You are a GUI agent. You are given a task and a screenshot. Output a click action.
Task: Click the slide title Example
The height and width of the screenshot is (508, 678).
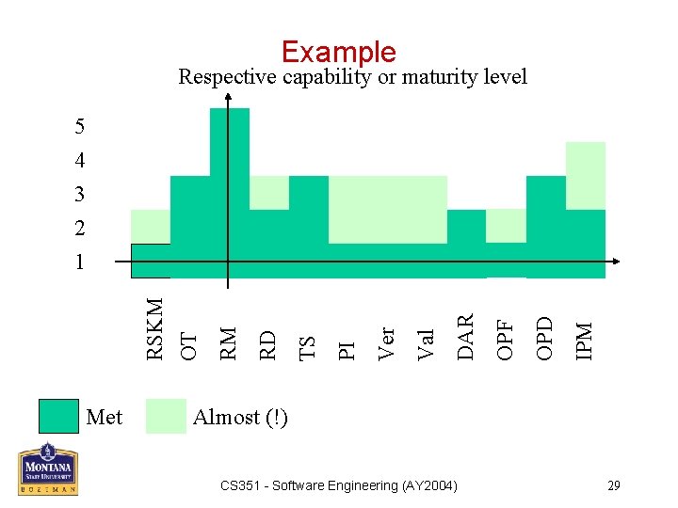[x=338, y=52]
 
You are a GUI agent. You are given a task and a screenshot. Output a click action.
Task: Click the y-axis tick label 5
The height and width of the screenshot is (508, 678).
[x=80, y=126]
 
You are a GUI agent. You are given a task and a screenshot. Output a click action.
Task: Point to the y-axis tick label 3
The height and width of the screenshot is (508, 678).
[x=80, y=195]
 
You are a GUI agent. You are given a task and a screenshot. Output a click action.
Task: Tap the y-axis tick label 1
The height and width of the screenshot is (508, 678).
[x=80, y=262]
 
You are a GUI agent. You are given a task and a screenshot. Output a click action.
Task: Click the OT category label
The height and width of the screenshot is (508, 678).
[x=189, y=343]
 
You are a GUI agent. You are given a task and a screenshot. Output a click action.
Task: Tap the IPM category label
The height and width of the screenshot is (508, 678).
[x=585, y=340]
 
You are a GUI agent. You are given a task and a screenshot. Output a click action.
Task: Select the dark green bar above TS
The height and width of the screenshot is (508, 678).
[x=309, y=226]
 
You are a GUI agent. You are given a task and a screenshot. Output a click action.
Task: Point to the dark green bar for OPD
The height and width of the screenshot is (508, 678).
[x=545, y=226]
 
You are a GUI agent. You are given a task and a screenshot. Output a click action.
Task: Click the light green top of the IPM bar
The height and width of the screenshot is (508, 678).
[x=585, y=176]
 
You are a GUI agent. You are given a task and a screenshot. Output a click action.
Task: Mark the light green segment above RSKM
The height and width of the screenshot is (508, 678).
[x=151, y=227]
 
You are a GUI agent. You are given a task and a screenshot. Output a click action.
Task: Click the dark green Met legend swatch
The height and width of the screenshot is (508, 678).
[x=58, y=417]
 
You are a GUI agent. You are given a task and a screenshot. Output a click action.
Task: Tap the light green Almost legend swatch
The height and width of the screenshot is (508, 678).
[x=166, y=417]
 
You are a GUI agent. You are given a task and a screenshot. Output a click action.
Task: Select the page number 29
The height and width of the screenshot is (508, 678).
[x=614, y=485]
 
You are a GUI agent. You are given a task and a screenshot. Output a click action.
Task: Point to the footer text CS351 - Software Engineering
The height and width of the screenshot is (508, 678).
[x=338, y=485]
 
